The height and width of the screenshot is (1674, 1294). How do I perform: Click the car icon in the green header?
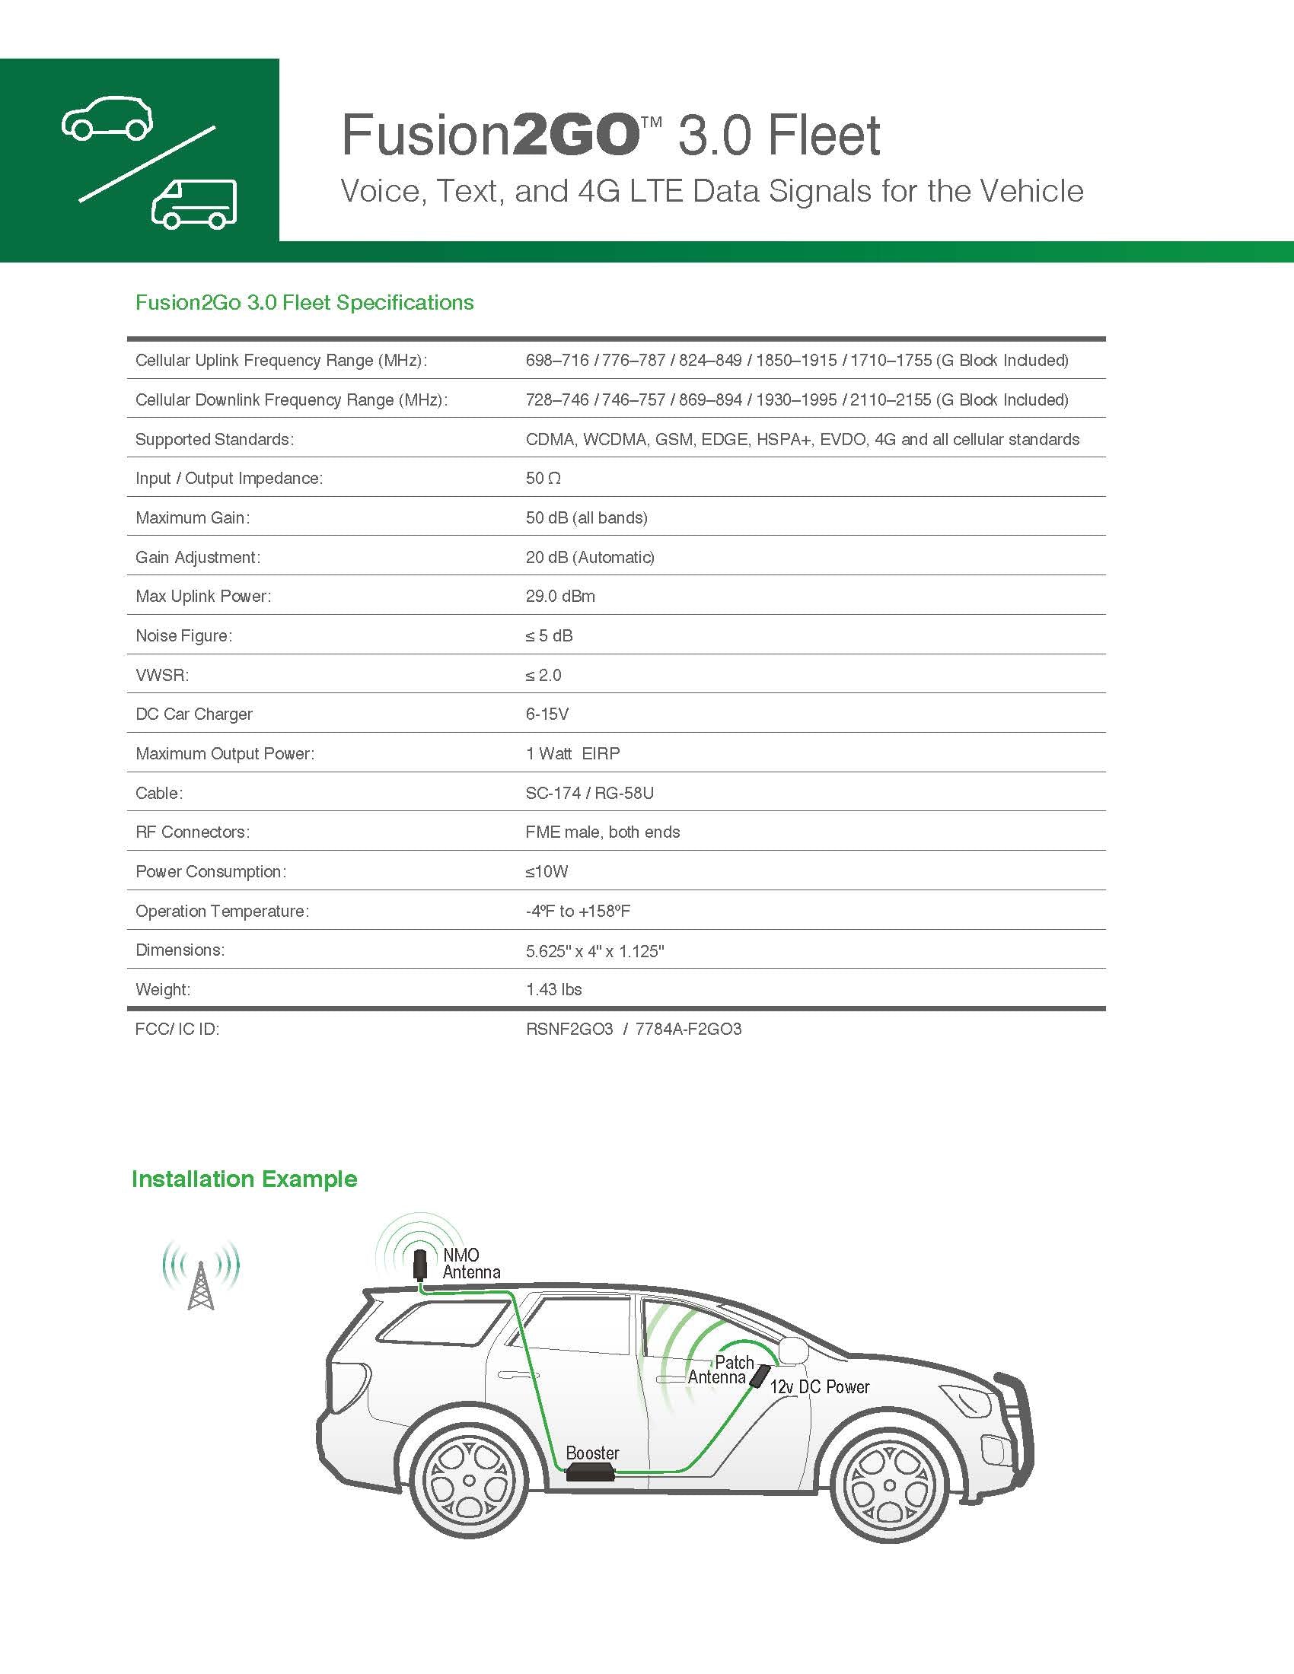pos(107,118)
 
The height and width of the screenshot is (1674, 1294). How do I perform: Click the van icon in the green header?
pos(195,205)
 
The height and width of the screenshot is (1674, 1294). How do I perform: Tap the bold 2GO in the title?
pos(574,135)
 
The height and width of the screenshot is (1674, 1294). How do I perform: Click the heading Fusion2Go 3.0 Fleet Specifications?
pos(304,303)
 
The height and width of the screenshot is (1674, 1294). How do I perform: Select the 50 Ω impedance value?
pos(543,479)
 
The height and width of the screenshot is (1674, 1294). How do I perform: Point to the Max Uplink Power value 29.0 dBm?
pos(559,597)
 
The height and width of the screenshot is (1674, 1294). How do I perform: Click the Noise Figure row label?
pos(184,635)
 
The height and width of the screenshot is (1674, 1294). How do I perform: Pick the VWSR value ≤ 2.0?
pos(543,675)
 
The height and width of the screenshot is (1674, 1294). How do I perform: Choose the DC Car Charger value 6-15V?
pos(547,714)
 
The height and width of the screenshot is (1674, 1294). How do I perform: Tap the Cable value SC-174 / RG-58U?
pos(588,794)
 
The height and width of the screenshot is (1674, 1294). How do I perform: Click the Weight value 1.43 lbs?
pos(553,989)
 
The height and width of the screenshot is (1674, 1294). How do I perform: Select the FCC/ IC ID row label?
pos(177,1030)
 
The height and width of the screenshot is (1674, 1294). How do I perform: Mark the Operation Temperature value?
pos(577,912)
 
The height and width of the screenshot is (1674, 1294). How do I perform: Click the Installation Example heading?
pos(244,1179)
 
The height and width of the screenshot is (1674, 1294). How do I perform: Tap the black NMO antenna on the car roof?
pos(420,1264)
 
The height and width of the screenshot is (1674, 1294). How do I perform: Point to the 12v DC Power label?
pos(820,1386)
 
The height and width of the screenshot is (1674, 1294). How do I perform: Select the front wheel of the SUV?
pos(889,1485)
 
